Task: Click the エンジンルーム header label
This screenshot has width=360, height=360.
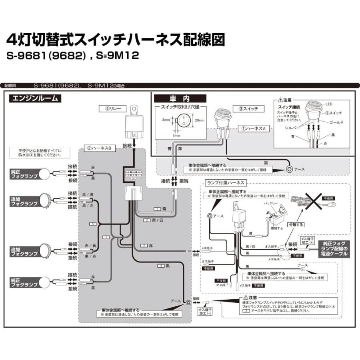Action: pos(35,98)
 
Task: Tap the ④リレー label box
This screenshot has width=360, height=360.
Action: pos(112,108)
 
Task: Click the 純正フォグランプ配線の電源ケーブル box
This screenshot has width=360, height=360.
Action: pos(335,248)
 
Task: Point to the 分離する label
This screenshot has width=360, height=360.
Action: pos(296,225)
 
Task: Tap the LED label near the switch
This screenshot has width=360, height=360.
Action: pos(329,104)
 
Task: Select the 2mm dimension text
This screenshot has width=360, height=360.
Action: pos(166,120)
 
